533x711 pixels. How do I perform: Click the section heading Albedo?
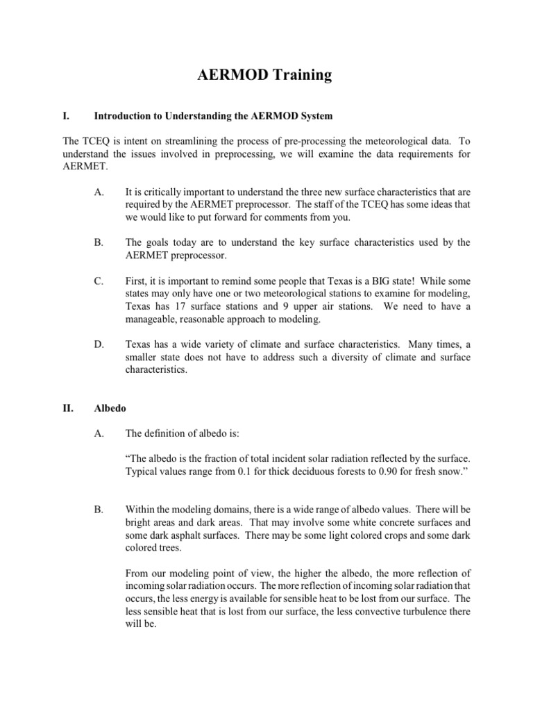(110, 408)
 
